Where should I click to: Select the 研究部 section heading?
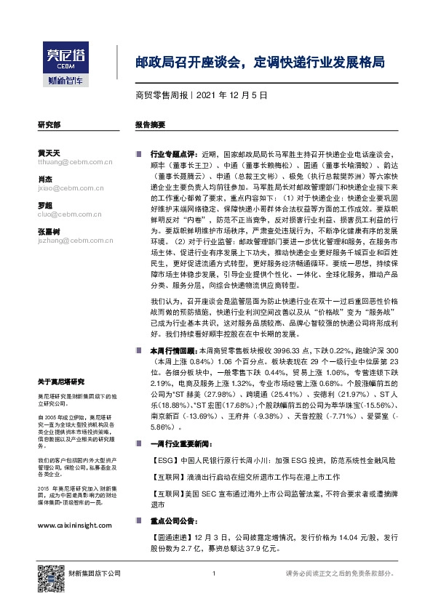[x=48, y=125]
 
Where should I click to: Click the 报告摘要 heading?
[x=150, y=125]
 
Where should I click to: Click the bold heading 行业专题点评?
[x=173, y=155]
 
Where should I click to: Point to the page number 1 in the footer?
[x=214, y=574]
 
